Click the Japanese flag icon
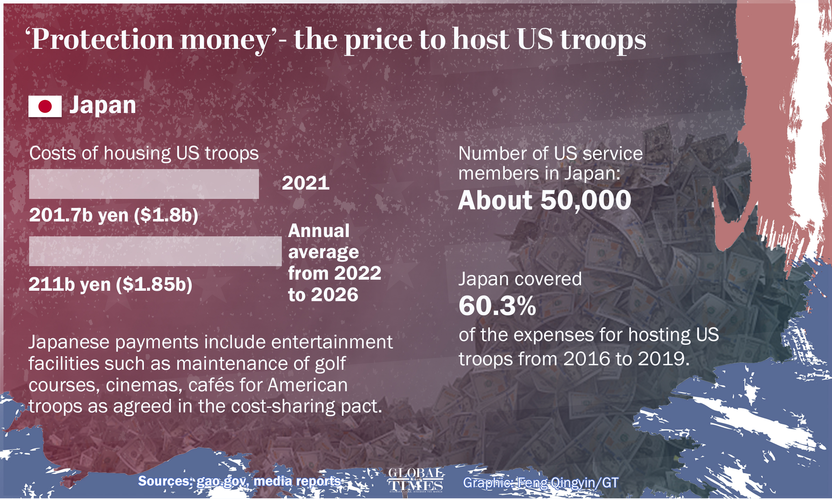coord(45,106)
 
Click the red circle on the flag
coord(45,106)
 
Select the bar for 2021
coord(144,184)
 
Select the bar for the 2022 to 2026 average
coord(155,251)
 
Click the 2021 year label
coord(305,183)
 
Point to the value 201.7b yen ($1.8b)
coord(114,215)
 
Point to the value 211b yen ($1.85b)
coord(110,284)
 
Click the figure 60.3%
coord(497,306)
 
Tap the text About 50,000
coord(545,200)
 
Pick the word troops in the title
coord(603,40)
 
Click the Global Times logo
coord(415,480)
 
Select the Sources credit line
coord(239,481)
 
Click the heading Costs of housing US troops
coord(144,153)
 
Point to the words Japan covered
coord(520,279)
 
